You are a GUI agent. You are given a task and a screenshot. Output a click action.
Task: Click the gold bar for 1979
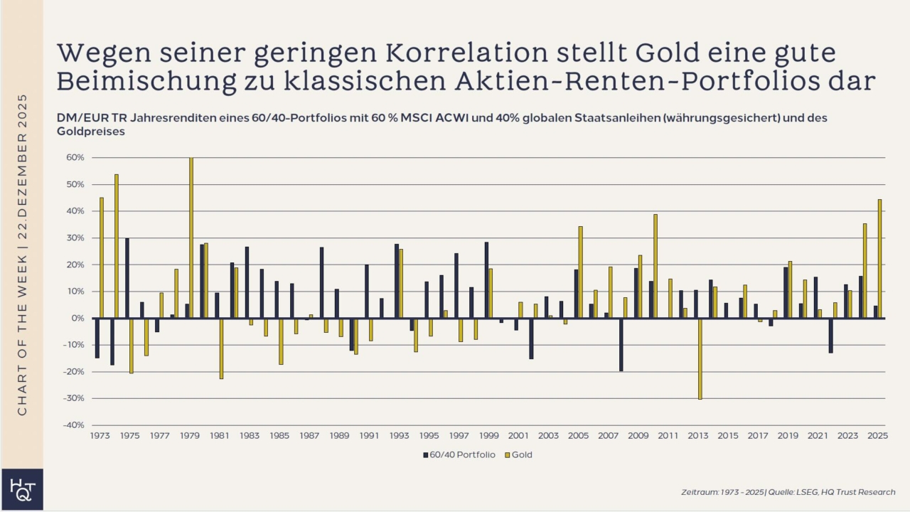pyautogui.click(x=191, y=238)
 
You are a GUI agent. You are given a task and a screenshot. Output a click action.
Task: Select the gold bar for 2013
pyautogui.click(x=700, y=358)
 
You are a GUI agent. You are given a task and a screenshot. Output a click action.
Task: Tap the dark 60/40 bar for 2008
pyautogui.click(x=621, y=344)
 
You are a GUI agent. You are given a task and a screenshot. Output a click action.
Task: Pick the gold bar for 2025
pyautogui.click(x=879, y=259)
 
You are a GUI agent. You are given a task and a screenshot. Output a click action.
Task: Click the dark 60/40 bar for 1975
pyautogui.click(x=127, y=278)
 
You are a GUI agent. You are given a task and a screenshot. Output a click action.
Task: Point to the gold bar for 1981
pyautogui.click(x=221, y=348)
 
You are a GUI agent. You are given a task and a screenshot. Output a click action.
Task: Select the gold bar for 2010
pyautogui.click(x=655, y=266)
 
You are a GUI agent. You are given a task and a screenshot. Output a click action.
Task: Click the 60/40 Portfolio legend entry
pyautogui.click(x=459, y=454)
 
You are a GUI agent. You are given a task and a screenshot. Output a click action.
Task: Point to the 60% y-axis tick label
pyautogui.click(x=75, y=158)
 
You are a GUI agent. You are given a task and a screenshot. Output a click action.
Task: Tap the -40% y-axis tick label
pyautogui.click(x=73, y=425)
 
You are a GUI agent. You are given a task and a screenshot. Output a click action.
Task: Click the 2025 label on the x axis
pyautogui.click(x=877, y=436)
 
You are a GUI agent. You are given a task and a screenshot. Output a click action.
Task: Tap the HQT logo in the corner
pyautogui.click(x=21, y=489)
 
